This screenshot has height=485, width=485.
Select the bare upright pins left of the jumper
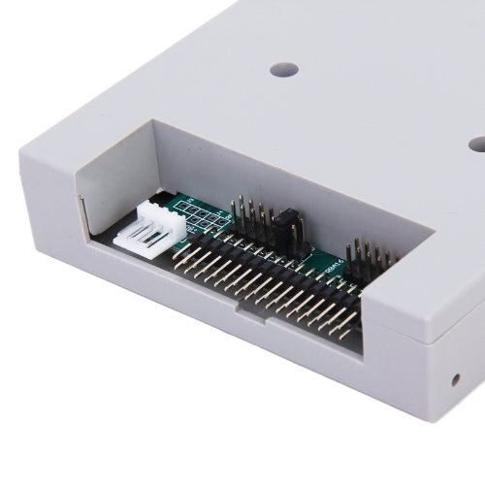[246, 213]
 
